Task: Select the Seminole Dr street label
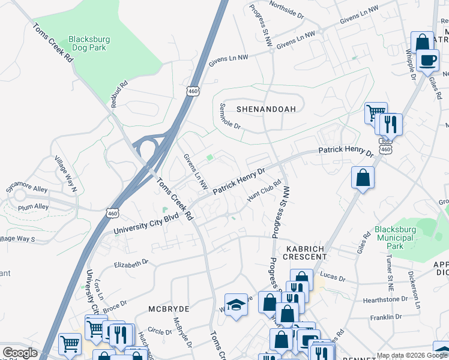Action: (x=229, y=116)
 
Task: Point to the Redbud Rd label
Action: (x=119, y=94)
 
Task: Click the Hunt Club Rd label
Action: (x=264, y=191)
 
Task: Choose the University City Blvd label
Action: (x=146, y=223)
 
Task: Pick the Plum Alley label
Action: (x=34, y=206)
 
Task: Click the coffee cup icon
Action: (x=428, y=61)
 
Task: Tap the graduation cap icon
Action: (x=236, y=305)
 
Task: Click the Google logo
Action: (x=20, y=353)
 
